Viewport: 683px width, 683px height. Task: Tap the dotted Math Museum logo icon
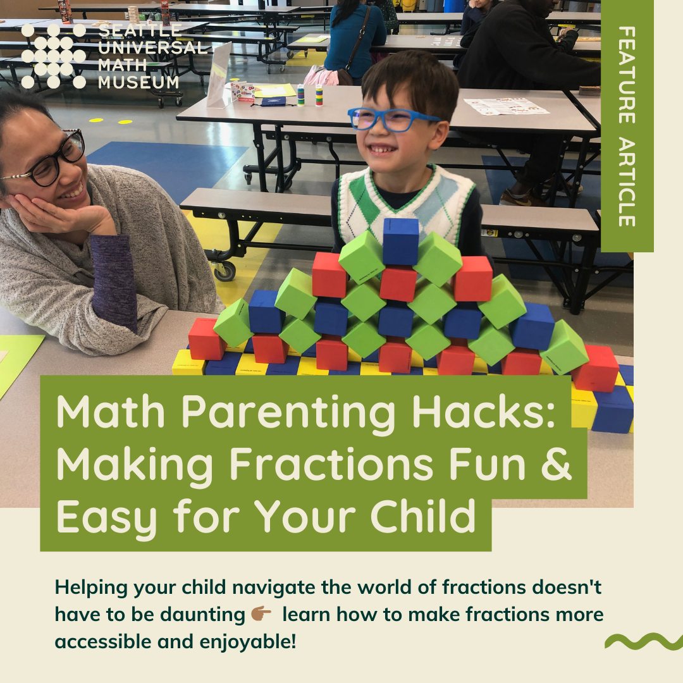53,56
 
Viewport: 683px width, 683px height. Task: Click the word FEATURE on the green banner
626,75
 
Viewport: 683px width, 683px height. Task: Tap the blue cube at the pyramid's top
400,241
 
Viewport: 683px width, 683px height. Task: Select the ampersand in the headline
556,463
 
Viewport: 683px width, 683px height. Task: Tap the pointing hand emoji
261,614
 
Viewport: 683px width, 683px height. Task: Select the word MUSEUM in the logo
138,82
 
